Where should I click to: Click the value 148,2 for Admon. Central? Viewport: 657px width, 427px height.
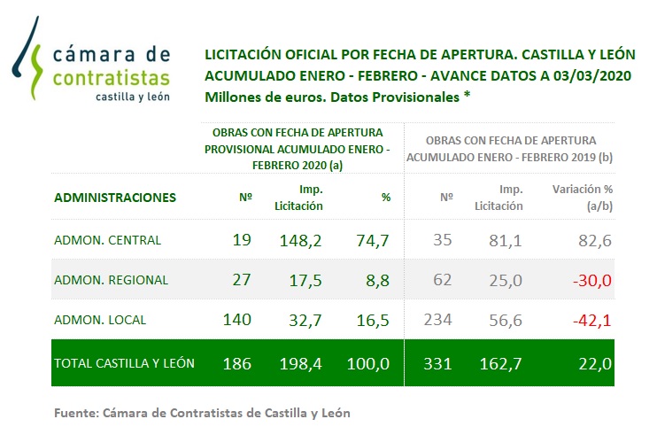coord(305,239)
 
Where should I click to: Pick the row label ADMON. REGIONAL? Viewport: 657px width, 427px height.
coord(111,280)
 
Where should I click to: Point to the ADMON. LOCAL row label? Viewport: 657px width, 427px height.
coord(100,320)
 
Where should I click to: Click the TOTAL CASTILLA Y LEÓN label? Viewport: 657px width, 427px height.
coord(125,362)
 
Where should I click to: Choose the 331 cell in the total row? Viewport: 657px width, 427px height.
coord(439,362)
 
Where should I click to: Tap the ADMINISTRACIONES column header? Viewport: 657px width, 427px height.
coord(115,198)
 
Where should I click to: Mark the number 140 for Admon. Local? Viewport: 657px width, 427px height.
coord(237,320)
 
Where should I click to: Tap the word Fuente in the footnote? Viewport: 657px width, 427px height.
coord(73,412)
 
